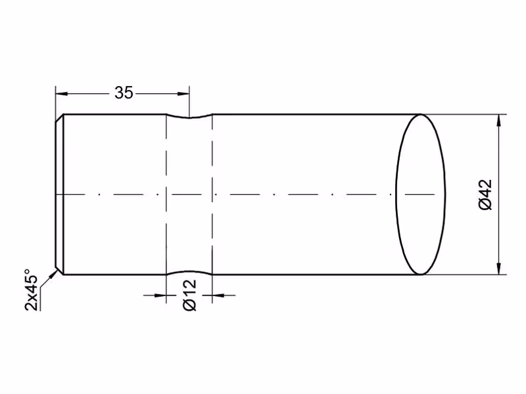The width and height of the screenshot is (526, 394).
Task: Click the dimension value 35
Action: pos(124,93)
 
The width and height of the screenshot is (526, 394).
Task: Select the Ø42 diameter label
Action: pos(486,194)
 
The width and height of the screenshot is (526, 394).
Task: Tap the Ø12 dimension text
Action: pos(189,295)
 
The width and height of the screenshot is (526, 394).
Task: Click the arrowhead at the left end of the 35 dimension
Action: pos(62,94)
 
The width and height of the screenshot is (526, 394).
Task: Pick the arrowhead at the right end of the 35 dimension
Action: pos(183,94)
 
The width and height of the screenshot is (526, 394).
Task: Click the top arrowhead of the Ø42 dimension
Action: pos(499,121)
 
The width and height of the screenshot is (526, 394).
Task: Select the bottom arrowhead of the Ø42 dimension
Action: pos(499,269)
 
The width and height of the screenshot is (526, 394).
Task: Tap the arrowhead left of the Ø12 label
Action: pos(160,295)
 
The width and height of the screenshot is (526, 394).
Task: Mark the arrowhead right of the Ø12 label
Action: pos(218,295)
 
